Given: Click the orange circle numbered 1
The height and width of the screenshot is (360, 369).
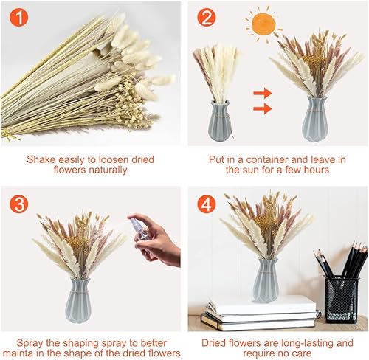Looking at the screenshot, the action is coord(19,17).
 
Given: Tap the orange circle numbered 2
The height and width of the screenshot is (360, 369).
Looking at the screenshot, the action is coord(207,17).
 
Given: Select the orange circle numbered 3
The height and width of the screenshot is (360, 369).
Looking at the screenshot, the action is coord(19,204).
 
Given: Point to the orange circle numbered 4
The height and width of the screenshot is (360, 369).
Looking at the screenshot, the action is coord(207,204).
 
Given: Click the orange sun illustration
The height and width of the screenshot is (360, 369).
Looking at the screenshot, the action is coord(263,24).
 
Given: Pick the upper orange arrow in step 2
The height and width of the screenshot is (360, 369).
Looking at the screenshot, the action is coord(263,93).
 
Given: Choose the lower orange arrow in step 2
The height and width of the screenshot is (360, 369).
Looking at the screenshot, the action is coord(263,108).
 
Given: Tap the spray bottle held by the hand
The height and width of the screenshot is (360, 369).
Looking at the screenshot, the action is coord(139,227).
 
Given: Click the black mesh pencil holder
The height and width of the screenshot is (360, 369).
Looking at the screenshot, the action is coord(342,298).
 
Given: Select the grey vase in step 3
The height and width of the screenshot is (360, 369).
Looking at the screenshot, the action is coord(78,300).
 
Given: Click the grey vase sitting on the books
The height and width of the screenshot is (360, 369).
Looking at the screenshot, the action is coord(266,280).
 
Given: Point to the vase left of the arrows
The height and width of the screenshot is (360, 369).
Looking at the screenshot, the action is coord(220,120).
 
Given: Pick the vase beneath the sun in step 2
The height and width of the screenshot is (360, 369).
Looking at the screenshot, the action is coord(315,120).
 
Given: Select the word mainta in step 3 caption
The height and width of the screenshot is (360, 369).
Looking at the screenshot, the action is coord(18,353).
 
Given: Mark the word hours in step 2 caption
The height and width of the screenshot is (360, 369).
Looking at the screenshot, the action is coord(317,170).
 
